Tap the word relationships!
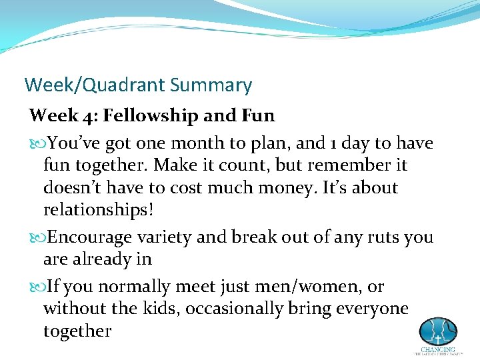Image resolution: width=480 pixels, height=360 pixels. pos(98,211)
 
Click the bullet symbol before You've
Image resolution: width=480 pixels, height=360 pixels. pos(36,144)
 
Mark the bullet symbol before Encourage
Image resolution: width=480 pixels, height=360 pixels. pos(36,237)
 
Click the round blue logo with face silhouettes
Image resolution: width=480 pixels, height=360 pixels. pos(437,331)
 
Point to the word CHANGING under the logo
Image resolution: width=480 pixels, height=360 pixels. pos(437,349)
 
